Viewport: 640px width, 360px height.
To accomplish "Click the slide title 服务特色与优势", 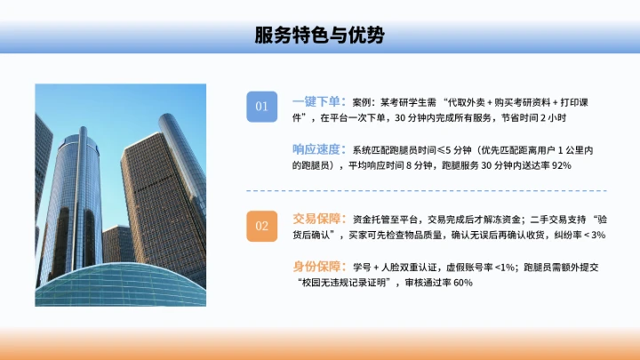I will (319, 35).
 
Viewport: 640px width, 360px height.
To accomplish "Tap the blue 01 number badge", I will (261, 107).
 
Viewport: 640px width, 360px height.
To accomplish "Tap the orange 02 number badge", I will (261, 226).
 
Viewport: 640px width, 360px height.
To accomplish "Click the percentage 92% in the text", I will (558, 165).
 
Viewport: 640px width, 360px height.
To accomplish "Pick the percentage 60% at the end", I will (460, 283).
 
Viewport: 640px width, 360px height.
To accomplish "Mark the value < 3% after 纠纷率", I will (591, 235).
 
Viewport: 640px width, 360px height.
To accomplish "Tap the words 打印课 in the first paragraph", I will (581, 102).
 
